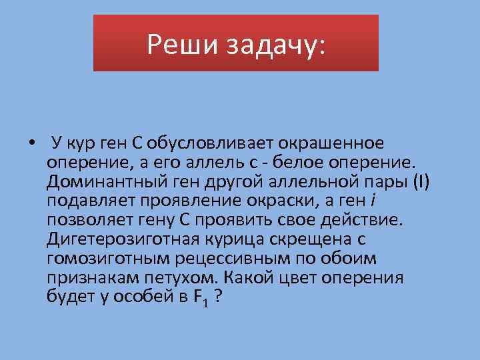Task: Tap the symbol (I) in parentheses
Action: tap(421, 181)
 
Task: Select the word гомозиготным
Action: tap(103, 258)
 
